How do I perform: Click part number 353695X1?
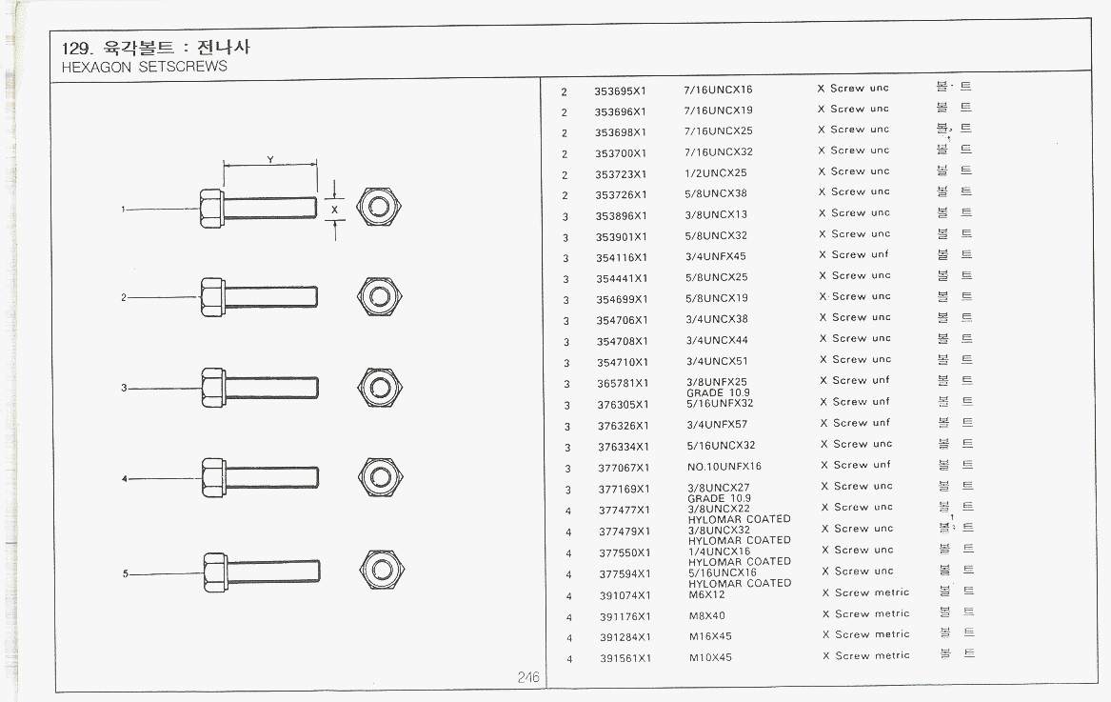[620, 90]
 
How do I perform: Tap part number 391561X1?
[625, 658]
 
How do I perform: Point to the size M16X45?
[710, 636]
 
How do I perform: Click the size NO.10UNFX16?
[724, 467]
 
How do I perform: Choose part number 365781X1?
[623, 384]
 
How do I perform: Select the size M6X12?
[706, 594]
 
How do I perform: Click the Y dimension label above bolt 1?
[270, 159]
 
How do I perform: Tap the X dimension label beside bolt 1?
[333, 208]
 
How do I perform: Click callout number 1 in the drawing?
[123, 210]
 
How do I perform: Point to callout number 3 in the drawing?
[124, 388]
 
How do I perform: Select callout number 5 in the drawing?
[125, 573]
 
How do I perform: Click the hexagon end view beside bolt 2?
[381, 297]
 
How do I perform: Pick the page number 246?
[528, 677]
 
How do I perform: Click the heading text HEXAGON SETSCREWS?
[144, 67]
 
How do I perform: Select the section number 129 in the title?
[75, 49]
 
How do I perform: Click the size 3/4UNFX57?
[717, 425]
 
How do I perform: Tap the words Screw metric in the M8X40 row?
[872, 614]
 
